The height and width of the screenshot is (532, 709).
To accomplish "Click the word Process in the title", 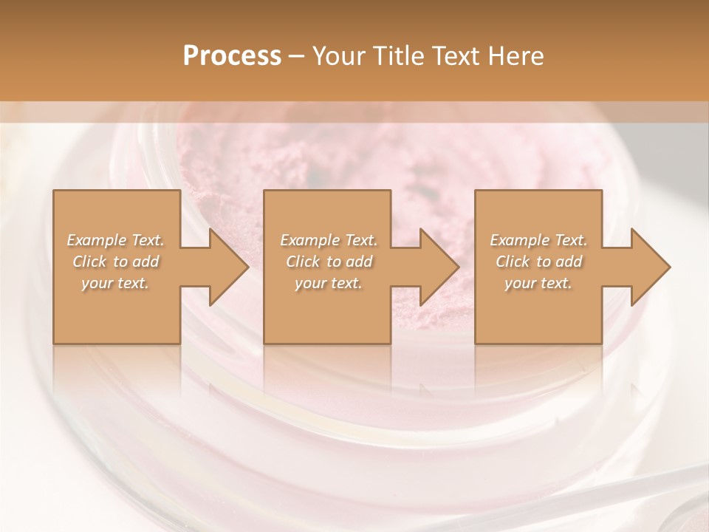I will coord(232,55).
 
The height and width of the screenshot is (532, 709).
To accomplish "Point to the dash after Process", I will coord(296,57).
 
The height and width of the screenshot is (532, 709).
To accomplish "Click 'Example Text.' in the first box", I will coord(116,240).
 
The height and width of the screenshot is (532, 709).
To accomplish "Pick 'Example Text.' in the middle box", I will coord(329,240).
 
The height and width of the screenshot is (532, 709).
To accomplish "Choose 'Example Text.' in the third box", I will coord(538,240).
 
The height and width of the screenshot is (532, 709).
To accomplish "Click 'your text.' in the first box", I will coord(116,283).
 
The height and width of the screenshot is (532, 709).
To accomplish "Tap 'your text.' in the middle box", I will coord(329,283).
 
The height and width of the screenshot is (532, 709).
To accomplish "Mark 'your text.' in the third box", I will coord(538,283).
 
